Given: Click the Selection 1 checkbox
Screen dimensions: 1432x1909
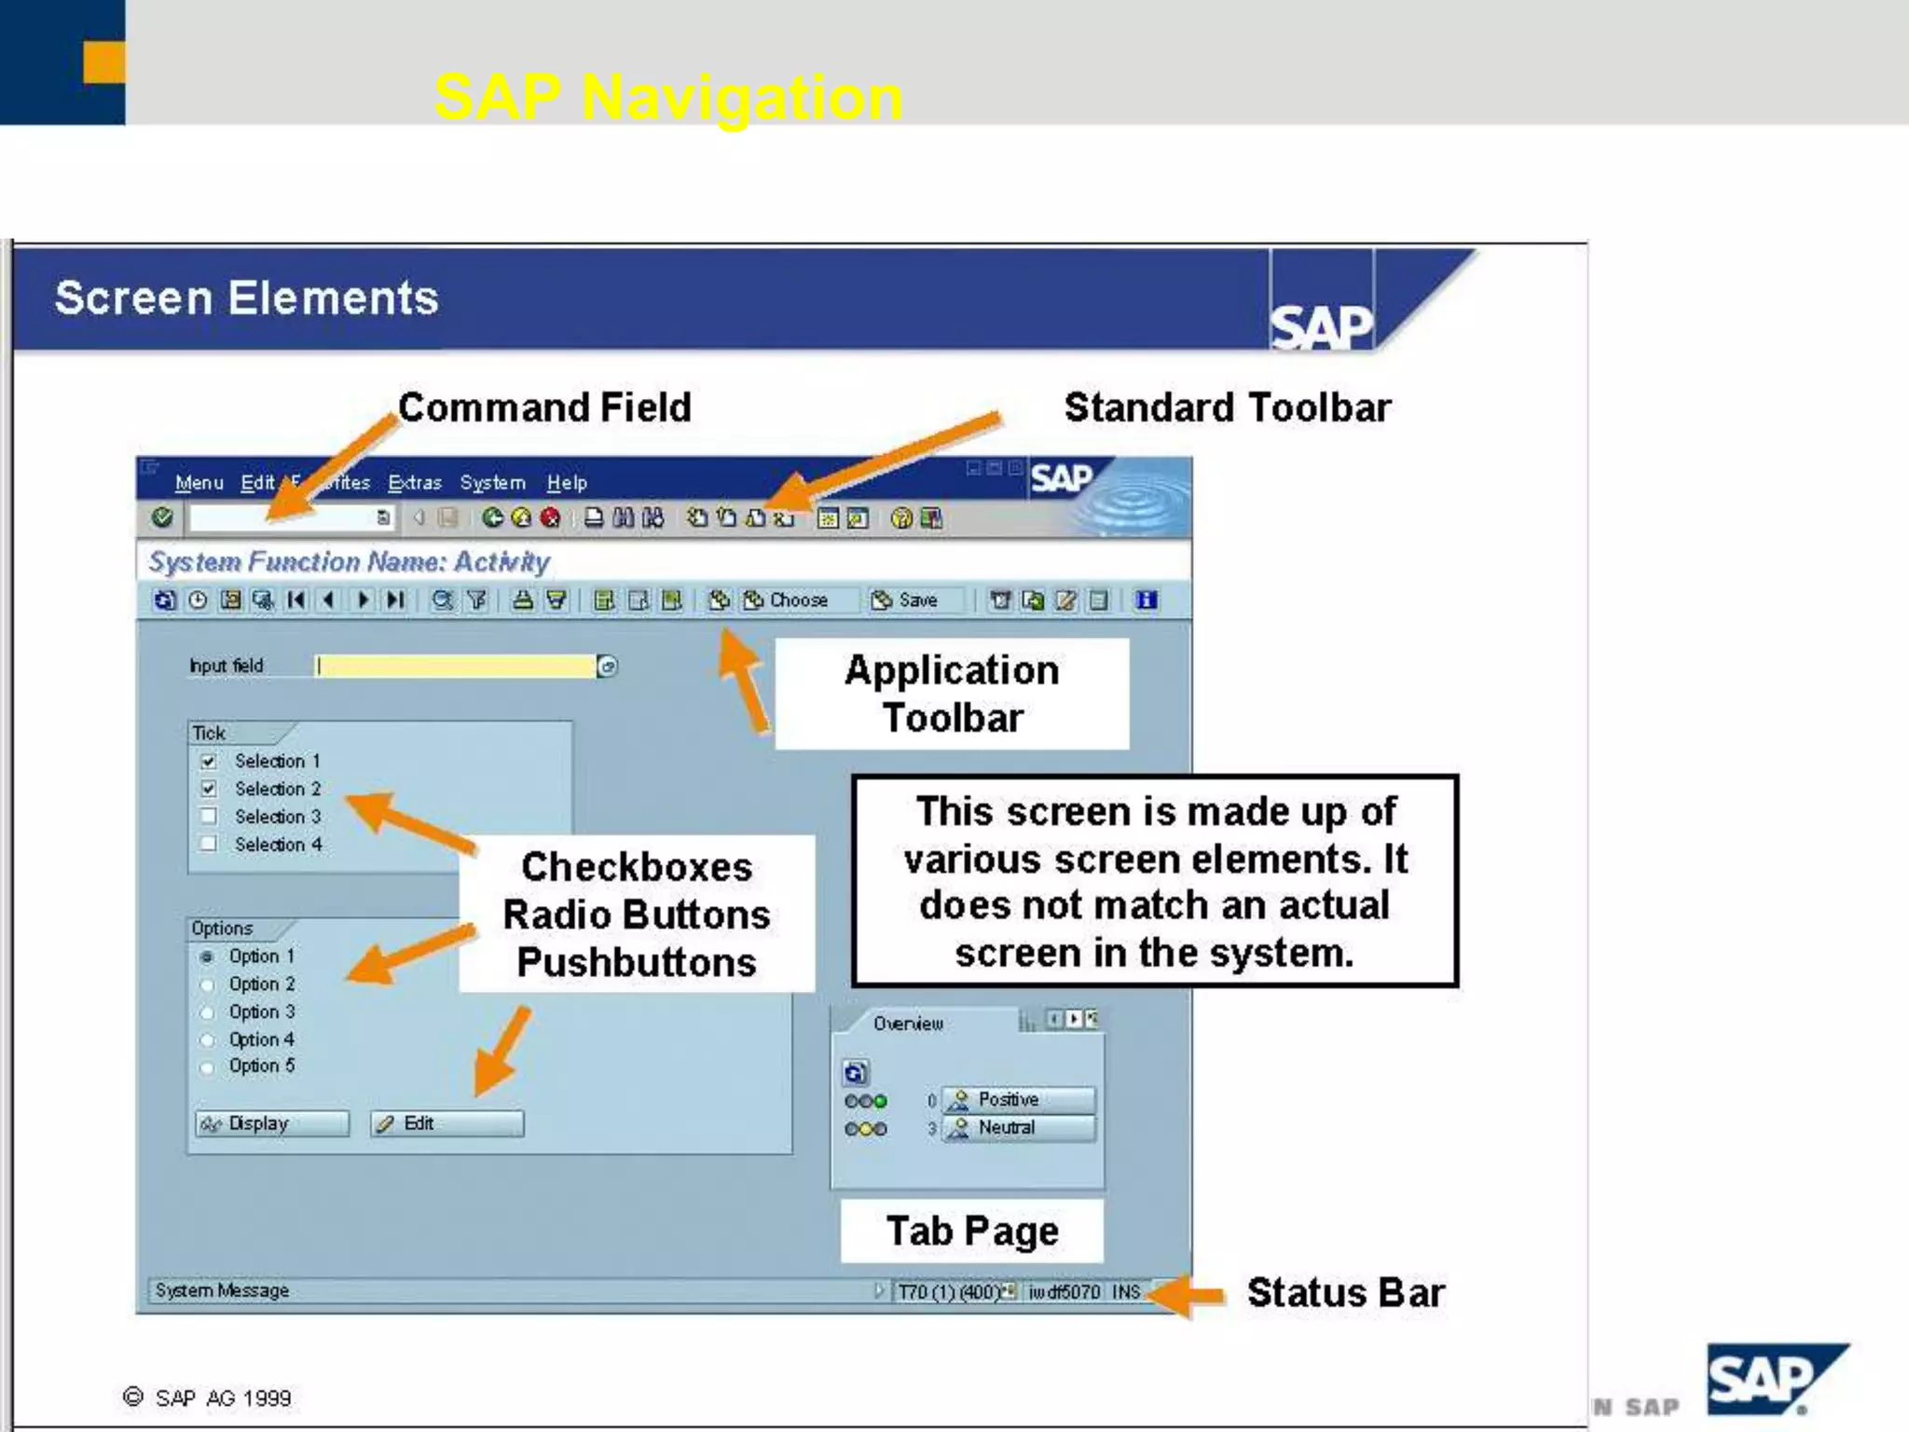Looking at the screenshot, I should pyautogui.click(x=209, y=761).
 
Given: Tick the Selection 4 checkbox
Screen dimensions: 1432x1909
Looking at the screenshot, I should pyautogui.click(x=209, y=844).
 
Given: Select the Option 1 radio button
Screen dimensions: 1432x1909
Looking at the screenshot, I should pyautogui.click(x=207, y=957).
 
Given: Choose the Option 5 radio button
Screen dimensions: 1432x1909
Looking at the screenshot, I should pyautogui.click(x=207, y=1067).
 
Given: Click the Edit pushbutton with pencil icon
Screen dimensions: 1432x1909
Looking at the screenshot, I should pyautogui.click(x=447, y=1123).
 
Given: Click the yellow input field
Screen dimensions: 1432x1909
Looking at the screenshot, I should pyautogui.click(x=456, y=666).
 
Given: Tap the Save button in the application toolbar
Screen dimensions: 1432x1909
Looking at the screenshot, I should pyautogui.click(x=904, y=600).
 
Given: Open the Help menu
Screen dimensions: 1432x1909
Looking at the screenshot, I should pyautogui.click(x=567, y=483).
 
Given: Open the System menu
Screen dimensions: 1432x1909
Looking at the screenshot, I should pyautogui.click(x=492, y=483).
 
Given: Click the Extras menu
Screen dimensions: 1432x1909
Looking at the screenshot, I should pyautogui.click(x=415, y=483).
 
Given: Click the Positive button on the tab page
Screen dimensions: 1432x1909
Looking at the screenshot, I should pyautogui.click(x=1018, y=1100).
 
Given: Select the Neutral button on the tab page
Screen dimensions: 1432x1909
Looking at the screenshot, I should pyautogui.click(x=1018, y=1128).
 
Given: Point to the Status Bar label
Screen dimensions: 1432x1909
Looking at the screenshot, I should pyautogui.click(x=1345, y=1293).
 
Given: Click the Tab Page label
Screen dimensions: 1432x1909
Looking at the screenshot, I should pyautogui.click(x=972, y=1232).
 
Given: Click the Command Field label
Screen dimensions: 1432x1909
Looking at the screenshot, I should pyautogui.click(x=544, y=407).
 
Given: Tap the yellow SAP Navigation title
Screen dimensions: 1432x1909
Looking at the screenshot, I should pyautogui.click(x=668, y=97).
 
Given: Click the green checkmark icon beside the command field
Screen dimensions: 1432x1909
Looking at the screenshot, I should pyautogui.click(x=162, y=517).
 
